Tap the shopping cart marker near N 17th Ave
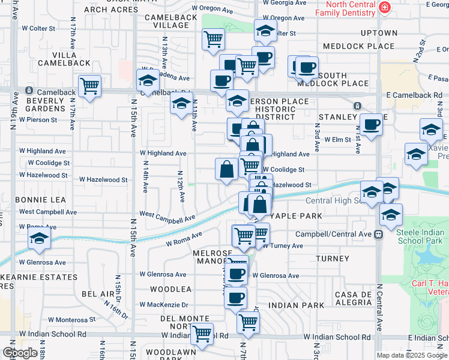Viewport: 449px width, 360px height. (x=89, y=86)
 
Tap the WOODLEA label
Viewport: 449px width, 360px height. (x=170, y=289)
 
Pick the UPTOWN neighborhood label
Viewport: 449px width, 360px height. (x=379, y=33)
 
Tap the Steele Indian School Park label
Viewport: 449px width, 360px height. (x=420, y=236)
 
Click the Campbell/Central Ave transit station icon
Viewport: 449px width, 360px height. (x=378, y=234)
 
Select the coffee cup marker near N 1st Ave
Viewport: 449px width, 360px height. (x=370, y=125)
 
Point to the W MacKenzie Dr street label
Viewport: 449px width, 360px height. (x=164, y=305)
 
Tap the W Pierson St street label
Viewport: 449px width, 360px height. (x=38, y=119)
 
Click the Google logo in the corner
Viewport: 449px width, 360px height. (x=20, y=353)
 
